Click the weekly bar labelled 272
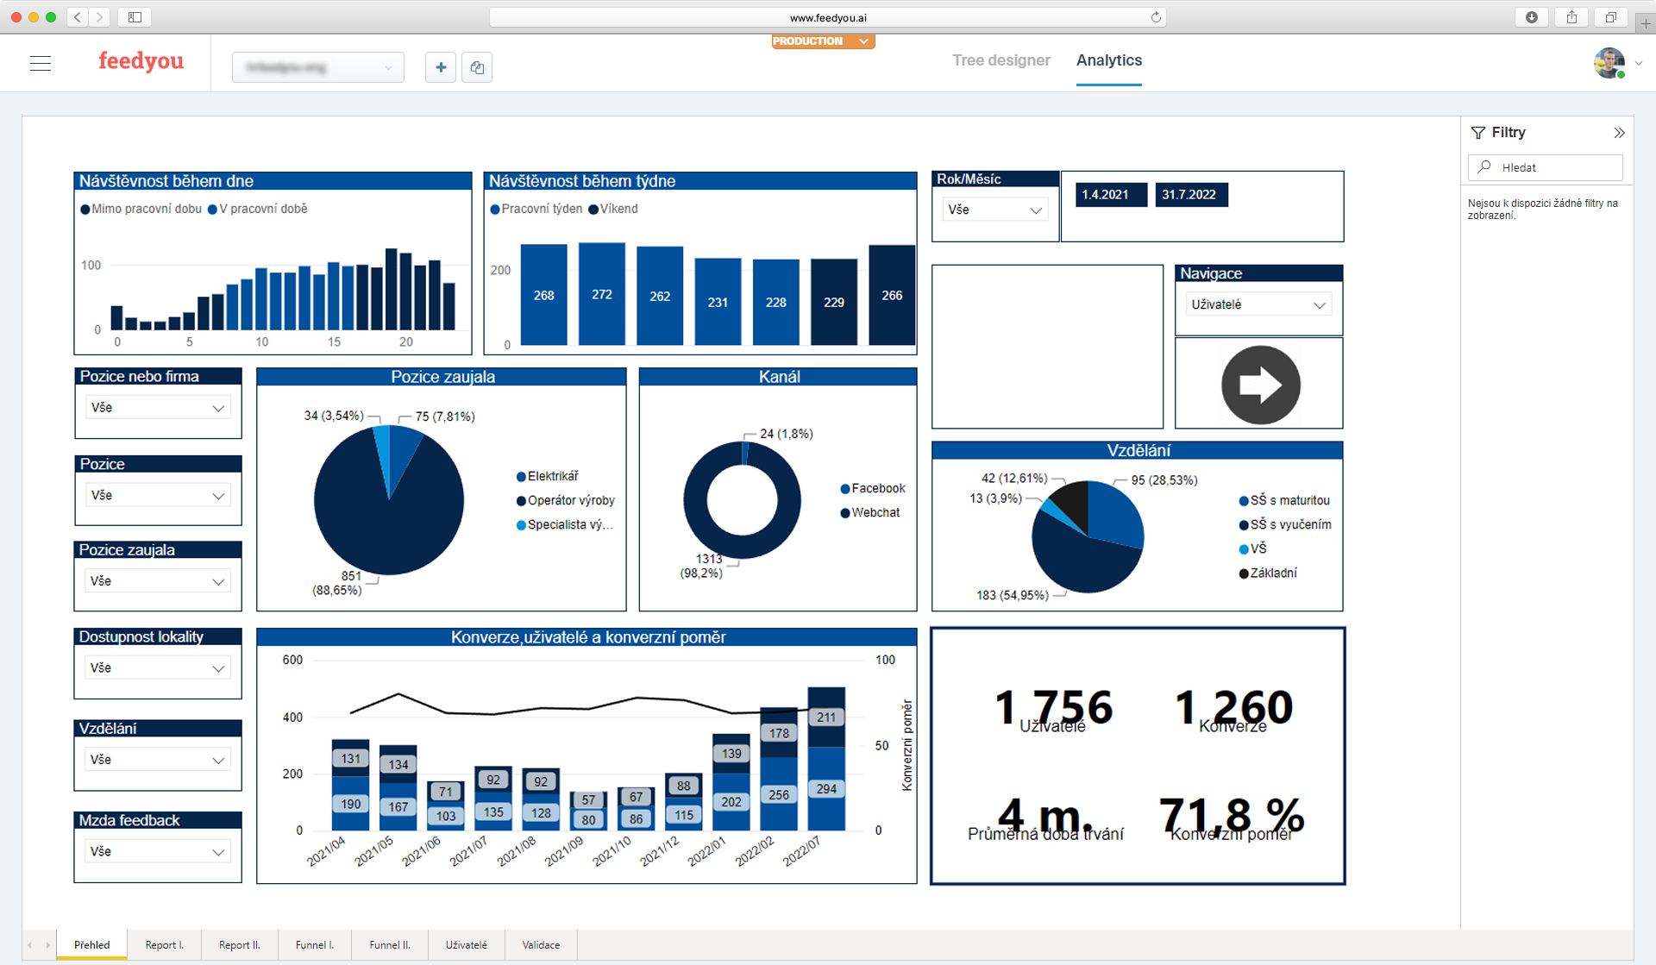(x=601, y=294)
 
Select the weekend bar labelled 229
(x=833, y=302)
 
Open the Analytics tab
(x=1108, y=60)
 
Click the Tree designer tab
(x=1000, y=60)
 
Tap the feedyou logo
(x=141, y=61)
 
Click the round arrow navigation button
(x=1260, y=385)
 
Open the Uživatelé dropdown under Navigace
(x=1258, y=304)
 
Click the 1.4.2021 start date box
(x=1106, y=195)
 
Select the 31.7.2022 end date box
(x=1189, y=195)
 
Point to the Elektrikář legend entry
(x=552, y=476)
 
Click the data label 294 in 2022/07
(x=825, y=789)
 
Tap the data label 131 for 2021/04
(x=350, y=759)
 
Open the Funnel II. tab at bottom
(x=389, y=945)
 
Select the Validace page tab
(x=541, y=945)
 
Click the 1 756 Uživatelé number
(x=1052, y=707)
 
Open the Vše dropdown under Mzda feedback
(x=157, y=851)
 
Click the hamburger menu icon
(x=41, y=63)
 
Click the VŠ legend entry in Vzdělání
(x=1258, y=548)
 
